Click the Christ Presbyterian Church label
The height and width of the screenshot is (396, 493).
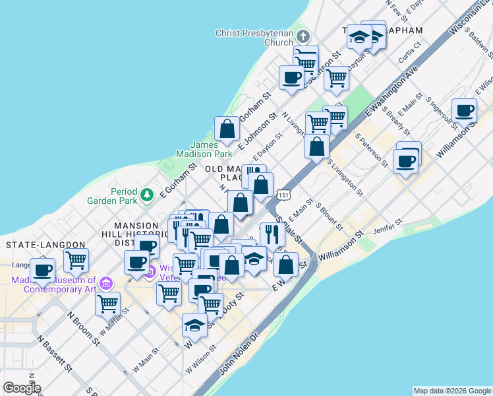(254, 38)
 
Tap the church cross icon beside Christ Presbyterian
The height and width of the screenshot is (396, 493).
(303, 36)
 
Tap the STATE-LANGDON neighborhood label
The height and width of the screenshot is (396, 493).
(45, 245)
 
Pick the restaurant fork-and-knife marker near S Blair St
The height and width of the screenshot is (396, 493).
(272, 233)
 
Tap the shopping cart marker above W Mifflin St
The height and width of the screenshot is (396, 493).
(107, 304)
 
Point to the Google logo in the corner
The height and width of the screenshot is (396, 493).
(22, 387)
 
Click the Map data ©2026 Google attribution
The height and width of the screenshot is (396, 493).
(451, 391)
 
